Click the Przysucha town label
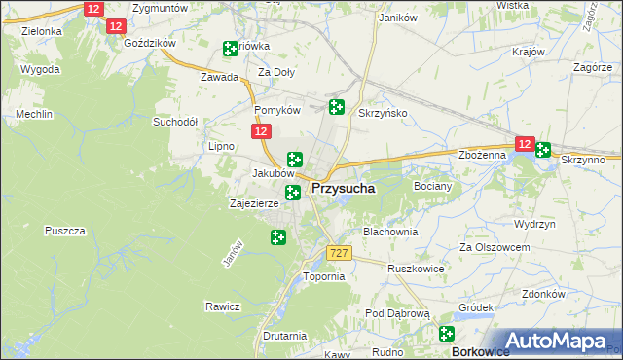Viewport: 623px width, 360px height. [344, 190]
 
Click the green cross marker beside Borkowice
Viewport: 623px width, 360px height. [448, 334]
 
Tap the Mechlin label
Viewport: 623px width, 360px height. [33, 114]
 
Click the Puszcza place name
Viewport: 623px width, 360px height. [65, 231]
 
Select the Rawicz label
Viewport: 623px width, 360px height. [222, 306]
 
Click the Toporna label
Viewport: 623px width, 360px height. [324, 276]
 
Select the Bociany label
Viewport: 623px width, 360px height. [433, 185]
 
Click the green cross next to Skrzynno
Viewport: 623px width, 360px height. [542, 149]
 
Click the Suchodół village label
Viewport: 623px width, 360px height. [175, 123]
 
